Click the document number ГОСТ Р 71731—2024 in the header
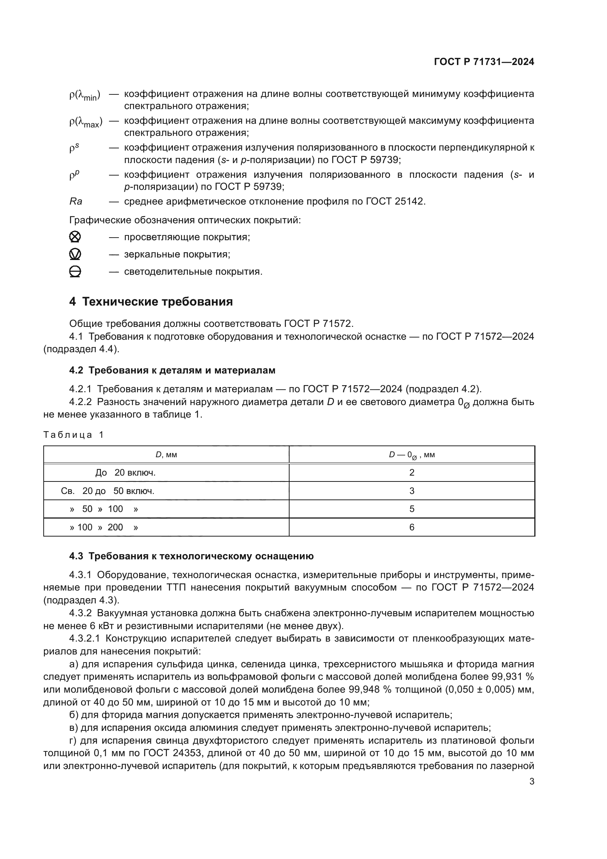point(484,62)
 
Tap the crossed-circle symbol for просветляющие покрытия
point(75,237)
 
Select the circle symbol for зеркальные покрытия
point(75,255)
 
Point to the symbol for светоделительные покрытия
point(75,272)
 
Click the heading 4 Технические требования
point(151,302)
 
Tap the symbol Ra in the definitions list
point(76,202)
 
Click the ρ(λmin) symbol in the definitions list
point(85,95)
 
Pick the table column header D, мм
point(166,455)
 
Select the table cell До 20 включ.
point(125,473)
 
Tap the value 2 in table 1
point(411,473)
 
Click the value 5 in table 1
point(411,509)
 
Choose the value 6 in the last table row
point(411,527)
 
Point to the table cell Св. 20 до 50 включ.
point(108,491)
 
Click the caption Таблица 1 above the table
point(73,435)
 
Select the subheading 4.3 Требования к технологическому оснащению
point(191,556)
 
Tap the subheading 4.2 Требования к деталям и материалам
point(172,371)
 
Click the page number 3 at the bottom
point(531,782)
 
